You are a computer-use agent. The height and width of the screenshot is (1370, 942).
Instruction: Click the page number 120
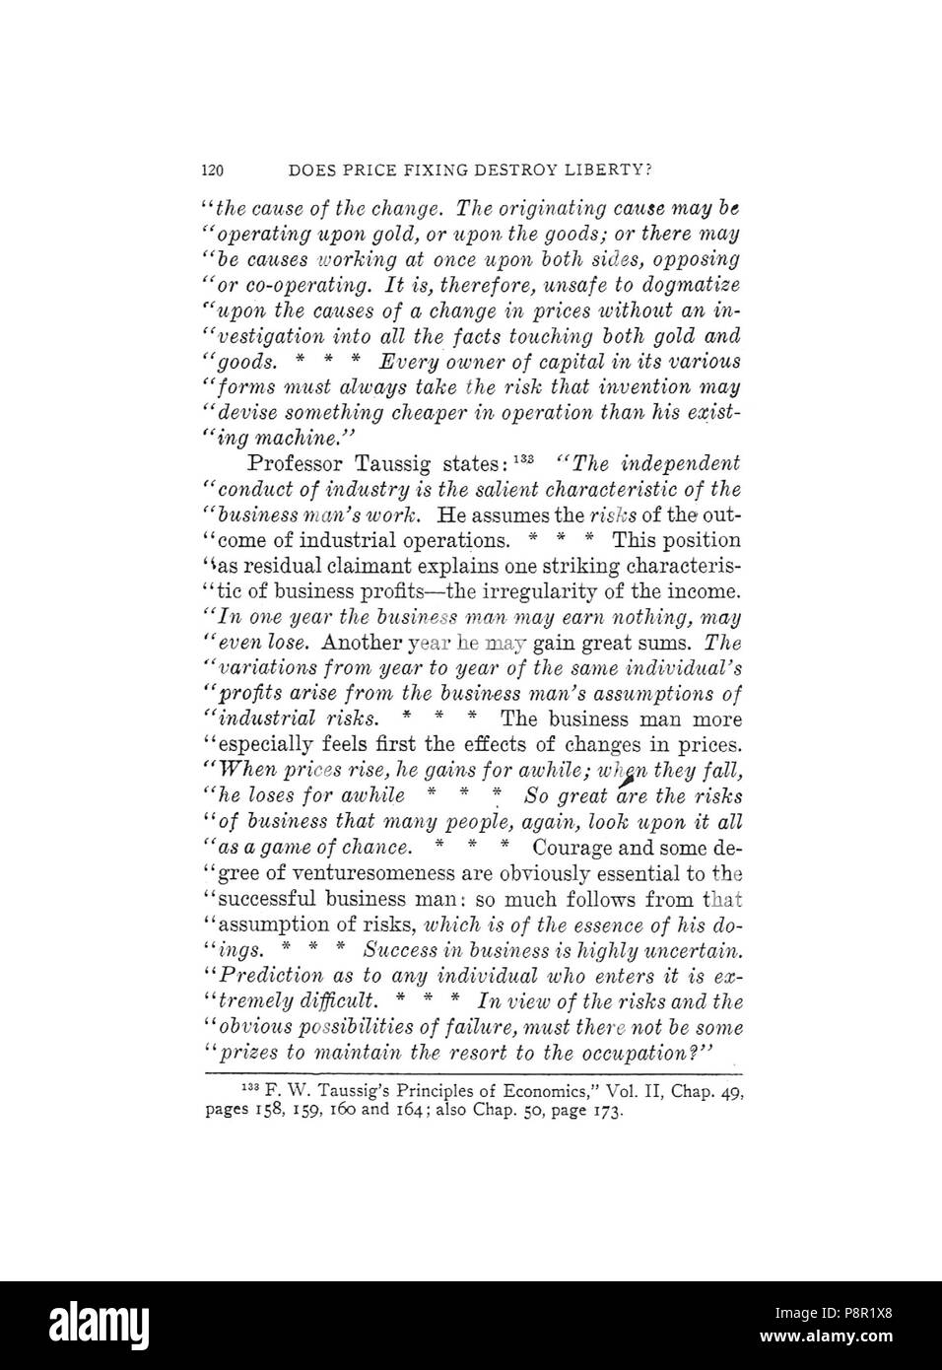pyautogui.click(x=212, y=171)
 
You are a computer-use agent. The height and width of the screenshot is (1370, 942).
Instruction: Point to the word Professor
pyautogui.click(x=293, y=464)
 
